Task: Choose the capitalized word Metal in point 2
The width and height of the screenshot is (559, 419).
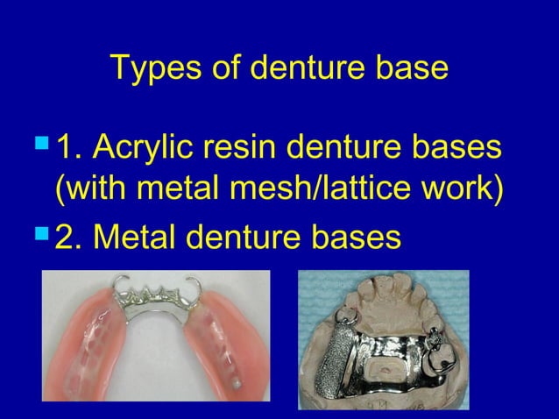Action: [136, 234]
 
